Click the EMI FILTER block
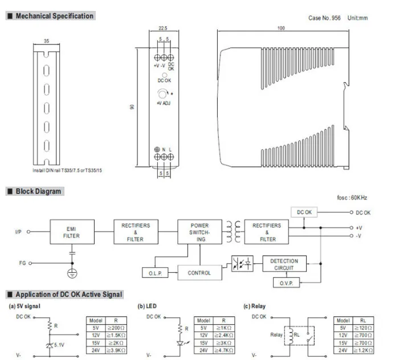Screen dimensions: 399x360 click(x=72, y=232)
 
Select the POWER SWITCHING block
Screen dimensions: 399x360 click(x=199, y=232)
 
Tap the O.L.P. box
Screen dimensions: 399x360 click(x=155, y=273)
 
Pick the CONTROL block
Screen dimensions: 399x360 click(x=199, y=272)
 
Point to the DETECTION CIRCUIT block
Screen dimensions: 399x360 click(x=284, y=264)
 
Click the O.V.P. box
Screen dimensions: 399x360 click(x=286, y=283)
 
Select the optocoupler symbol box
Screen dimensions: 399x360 click(x=242, y=263)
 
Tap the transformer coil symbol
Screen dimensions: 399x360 click(x=233, y=232)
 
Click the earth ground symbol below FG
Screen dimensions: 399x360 click(x=72, y=273)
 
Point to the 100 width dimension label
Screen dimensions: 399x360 click(x=281, y=28)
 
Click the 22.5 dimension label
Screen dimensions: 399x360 click(x=163, y=28)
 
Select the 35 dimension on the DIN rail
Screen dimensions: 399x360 click(x=46, y=40)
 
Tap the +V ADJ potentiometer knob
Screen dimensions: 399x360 click(x=162, y=94)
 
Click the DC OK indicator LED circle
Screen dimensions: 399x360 click(x=165, y=75)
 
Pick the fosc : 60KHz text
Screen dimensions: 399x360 click(x=352, y=198)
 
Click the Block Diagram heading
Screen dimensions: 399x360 click(x=38, y=191)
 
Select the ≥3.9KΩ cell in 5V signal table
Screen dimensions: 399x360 click(x=116, y=350)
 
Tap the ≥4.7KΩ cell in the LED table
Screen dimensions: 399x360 click(x=223, y=350)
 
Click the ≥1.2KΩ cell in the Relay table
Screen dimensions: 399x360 click(x=363, y=350)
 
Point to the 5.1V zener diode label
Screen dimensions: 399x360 click(x=59, y=345)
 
